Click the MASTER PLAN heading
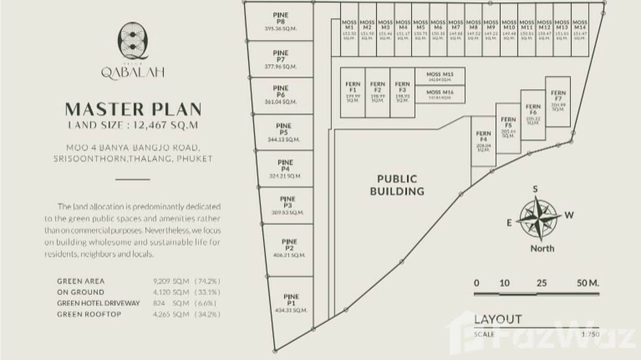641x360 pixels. [133, 109]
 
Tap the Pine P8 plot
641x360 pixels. [280, 22]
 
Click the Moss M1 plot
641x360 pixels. [349, 30]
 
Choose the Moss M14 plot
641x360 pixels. [579, 30]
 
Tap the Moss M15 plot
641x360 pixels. [440, 76]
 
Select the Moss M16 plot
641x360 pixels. [440, 95]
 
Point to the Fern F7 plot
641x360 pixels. [558, 101]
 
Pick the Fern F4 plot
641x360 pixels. [483, 141]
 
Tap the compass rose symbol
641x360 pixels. [539, 219]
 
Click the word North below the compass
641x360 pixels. [542, 248]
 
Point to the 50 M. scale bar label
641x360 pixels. [588, 283]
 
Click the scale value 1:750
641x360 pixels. [590, 334]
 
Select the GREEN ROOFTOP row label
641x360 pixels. [89, 314]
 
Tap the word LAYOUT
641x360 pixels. [498, 319]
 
